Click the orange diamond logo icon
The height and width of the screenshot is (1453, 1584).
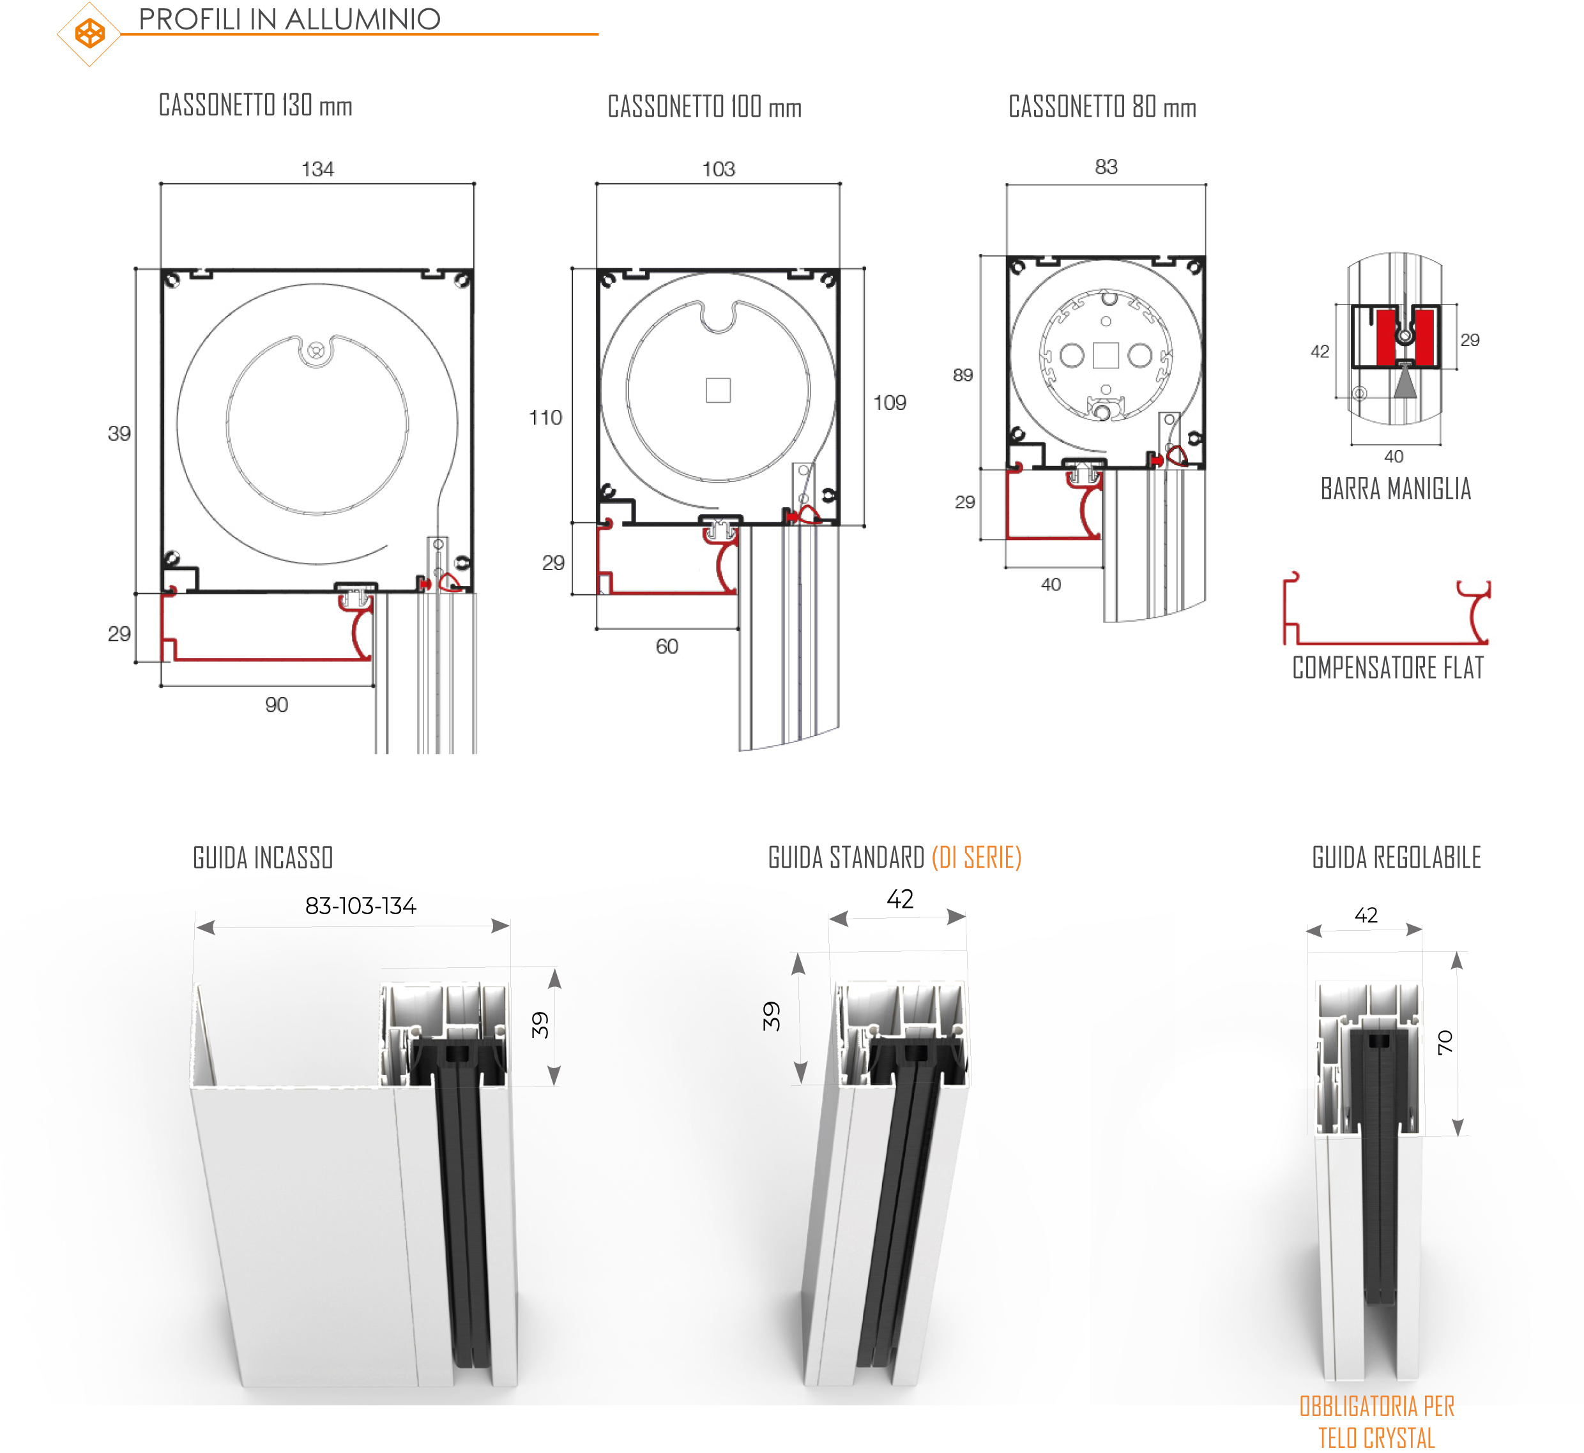[x=89, y=34]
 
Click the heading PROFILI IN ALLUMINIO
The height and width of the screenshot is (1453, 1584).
[x=289, y=19]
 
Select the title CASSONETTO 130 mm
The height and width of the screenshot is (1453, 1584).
[x=255, y=105]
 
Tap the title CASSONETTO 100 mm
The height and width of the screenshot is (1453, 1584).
[x=704, y=107]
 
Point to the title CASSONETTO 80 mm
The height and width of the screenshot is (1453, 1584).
[x=1102, y=107]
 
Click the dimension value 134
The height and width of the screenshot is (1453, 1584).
[x=317, y=169]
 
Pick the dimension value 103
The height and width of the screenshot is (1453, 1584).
[x=718, y=169]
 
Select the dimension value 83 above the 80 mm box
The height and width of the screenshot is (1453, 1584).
[x=1106, y=167]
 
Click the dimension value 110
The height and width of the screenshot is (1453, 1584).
[x=546, y=418]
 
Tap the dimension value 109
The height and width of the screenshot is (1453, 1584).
[x=890, y=403]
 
